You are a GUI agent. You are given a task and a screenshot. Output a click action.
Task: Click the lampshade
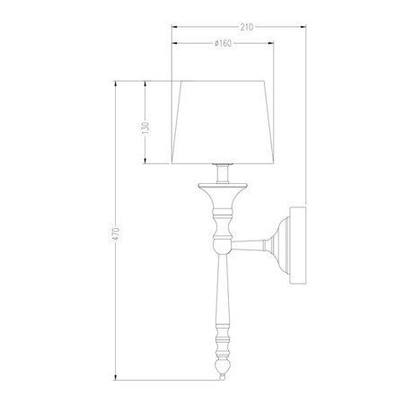pos(223,123)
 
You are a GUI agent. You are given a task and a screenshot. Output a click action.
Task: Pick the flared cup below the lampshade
pos(222,190)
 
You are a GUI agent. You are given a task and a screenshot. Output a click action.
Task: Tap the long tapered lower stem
pos(222,296)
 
